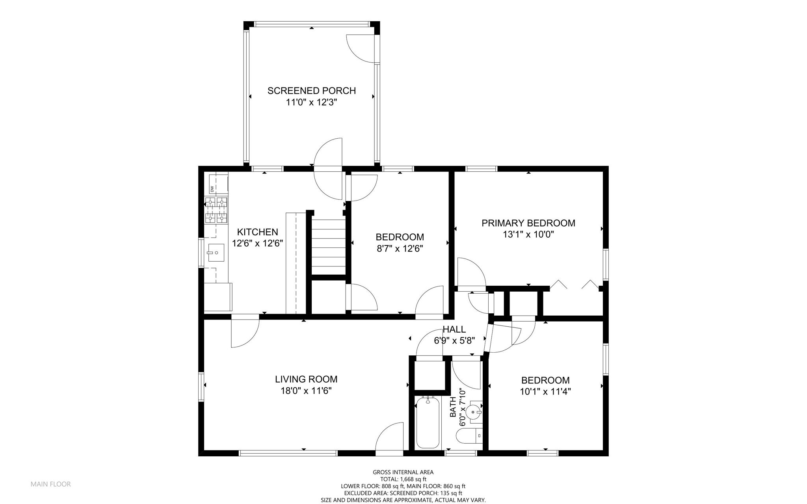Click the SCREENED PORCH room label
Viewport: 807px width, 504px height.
coord(311,91)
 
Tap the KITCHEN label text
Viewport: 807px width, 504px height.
coord(257,232)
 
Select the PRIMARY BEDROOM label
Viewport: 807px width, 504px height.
coord(528,223)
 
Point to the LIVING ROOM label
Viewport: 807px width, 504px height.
coord(306,379)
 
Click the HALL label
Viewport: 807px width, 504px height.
coord(454,329)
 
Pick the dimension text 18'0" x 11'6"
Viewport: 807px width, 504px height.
coord(306,391)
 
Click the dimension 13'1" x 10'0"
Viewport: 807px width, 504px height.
coord(528,235)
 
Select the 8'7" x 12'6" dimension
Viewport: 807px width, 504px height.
coord(400,249)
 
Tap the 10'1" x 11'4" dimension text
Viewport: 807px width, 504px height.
coord(545,392)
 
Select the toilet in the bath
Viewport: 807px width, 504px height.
coord(469,436)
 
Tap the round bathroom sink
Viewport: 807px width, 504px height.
coord(473,412)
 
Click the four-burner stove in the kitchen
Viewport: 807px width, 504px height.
coord(216,210)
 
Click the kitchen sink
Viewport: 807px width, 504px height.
coord(216,253)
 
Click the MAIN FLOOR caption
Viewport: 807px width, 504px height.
coord(51,484)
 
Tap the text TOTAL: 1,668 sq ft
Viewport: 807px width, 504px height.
coord(403,479)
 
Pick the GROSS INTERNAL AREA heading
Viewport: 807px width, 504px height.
coord(403,472)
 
